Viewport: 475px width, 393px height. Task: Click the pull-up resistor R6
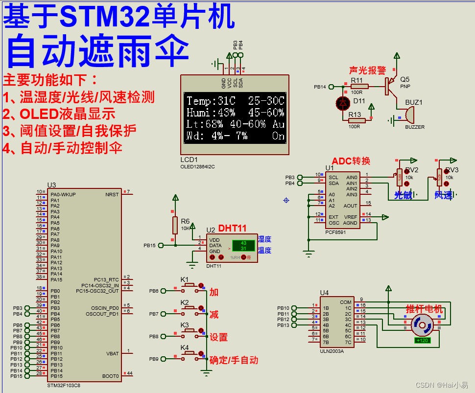coord(175,226)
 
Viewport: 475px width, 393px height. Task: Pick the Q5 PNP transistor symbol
coord(391,87)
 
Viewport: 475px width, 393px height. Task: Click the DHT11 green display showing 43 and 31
coord(243,245)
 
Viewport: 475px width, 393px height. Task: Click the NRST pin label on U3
coord(112,194)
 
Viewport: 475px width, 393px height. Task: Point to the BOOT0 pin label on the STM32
coord(111,376)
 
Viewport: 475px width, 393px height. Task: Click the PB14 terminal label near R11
coord(320,87)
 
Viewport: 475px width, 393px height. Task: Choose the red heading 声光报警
coord(367,71)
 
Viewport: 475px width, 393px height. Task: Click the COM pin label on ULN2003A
coord(346,302)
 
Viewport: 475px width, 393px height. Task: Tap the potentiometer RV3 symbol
coord(439,177)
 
